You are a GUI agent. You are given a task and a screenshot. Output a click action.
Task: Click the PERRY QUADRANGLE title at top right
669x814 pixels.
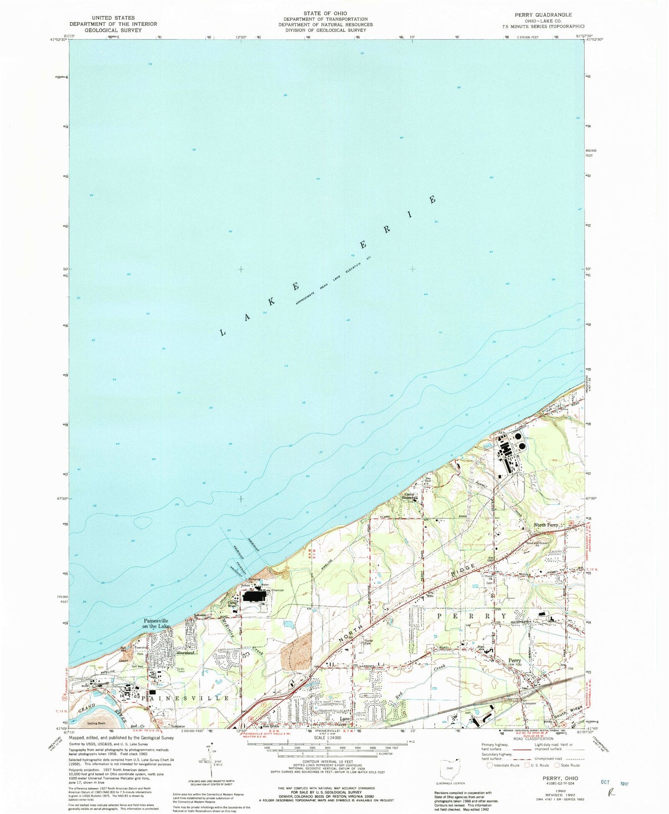tap(543, 15)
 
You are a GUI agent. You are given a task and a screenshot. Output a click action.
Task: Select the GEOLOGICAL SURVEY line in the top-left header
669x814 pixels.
tap(113, 30)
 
